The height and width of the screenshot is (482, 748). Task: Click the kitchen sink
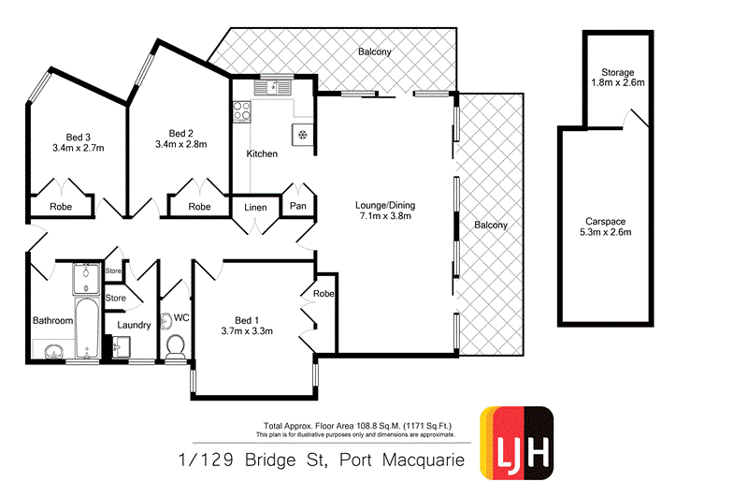276,88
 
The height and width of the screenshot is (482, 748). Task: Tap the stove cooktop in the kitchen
242,110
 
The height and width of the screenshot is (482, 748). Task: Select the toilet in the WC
175,347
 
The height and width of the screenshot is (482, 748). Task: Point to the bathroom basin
53,351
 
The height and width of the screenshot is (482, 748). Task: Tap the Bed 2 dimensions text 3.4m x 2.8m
180,144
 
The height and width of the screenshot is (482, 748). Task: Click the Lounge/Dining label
385,206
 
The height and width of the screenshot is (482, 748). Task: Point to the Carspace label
606,221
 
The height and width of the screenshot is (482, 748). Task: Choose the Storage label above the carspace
619,72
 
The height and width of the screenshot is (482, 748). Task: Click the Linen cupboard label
256,207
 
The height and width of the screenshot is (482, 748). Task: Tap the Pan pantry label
298,206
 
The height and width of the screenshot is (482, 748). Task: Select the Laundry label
134,326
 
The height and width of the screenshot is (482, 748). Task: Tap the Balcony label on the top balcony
374,52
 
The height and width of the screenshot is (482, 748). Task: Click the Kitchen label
262,153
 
